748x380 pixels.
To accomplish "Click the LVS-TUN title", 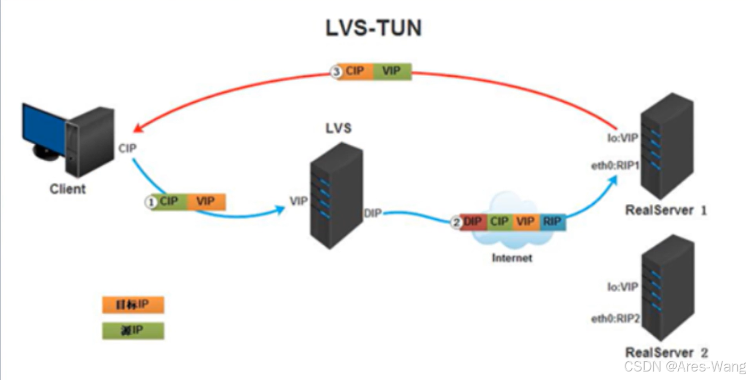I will tap(374, 28).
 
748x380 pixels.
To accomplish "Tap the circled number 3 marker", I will tap(336, 72).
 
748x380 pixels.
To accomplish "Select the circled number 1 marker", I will tap(152, 202).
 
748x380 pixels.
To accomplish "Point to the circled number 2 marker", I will tap(456, 222).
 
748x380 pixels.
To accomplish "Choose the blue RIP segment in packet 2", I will tap(552, 221).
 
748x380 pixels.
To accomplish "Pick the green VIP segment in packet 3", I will tap(392, 71).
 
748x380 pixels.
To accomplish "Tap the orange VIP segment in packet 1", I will tap(206, 202).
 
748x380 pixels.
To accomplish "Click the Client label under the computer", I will tap(68, 188).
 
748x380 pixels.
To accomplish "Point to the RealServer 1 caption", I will tap(666, 210).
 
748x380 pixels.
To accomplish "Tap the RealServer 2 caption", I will tap(667, 352).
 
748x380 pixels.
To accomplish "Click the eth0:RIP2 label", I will tap(615, 319).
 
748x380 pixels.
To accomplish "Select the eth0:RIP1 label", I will tap(615, 165).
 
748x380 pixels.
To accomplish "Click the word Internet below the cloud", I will tap(512, 258).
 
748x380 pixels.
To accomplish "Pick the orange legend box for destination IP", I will tap(133, 305).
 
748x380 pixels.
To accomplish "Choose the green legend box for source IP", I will tap(133, 331).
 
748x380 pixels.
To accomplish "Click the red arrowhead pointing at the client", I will tap(138, 129).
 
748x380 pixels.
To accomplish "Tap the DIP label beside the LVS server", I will tap(373, 214).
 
